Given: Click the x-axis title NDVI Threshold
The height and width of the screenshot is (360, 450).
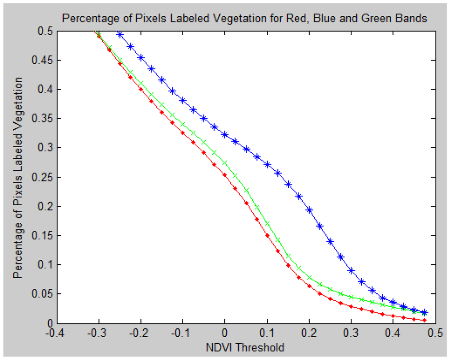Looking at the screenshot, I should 245,348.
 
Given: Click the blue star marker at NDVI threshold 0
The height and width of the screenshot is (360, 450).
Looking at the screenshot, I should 225,135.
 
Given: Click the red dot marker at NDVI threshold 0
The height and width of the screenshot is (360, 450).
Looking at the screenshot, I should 225,175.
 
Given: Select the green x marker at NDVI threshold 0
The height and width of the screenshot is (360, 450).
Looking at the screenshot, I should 225,163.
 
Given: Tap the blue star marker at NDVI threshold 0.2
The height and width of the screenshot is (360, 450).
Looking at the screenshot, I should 309,210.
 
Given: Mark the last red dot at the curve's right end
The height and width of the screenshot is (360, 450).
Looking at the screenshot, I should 425,320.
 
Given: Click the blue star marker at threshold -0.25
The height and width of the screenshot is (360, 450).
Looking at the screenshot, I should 120,35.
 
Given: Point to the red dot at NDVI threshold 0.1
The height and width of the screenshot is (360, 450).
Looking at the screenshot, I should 267,236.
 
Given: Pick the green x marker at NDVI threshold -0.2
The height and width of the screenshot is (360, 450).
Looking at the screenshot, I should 141,84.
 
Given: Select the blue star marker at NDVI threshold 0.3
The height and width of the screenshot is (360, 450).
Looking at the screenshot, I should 351,271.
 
